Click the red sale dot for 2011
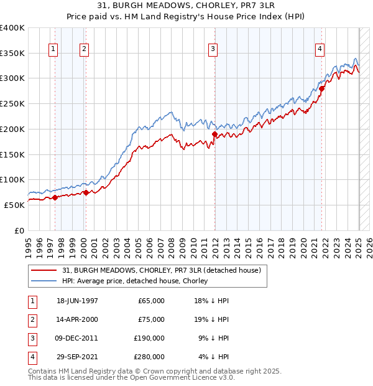pos(214,134)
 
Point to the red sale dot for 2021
pos(322,88)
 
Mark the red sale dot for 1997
pos(55,197)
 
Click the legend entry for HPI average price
pos(134,281)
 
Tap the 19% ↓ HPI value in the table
pos(214,319)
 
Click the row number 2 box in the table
pos(32,319)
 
